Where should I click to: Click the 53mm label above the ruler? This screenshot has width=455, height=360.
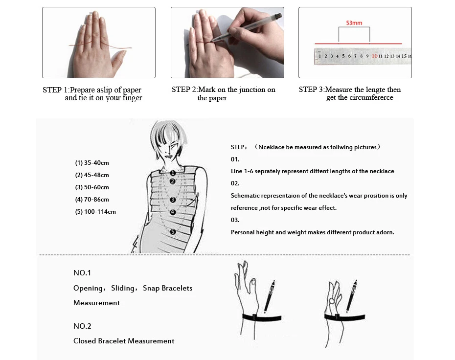coord(354,23)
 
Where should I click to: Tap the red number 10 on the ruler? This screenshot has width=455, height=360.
coord(374,56)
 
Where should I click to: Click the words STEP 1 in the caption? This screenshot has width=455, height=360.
coord(55,90)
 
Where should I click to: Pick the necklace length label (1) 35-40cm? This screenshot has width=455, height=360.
coord(92,163)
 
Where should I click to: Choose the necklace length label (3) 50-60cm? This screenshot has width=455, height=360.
coord(92,187)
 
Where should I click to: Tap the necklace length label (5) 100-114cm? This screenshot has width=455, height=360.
coord(95,212)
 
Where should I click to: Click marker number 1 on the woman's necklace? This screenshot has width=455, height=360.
coord(173,173)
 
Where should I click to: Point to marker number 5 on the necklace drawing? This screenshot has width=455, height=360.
coord(173,232)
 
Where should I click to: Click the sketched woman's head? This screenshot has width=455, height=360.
coord(169,139)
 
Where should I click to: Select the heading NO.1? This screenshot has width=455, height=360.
coord(82,273)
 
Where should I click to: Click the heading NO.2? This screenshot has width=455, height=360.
coord(82,326)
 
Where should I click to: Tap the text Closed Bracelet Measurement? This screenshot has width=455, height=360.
coord(124,341)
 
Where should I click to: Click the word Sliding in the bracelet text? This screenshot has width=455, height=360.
coord(123,288)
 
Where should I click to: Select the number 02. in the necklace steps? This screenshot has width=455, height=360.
coord(235,183)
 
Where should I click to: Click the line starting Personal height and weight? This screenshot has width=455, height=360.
coord(312,232)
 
